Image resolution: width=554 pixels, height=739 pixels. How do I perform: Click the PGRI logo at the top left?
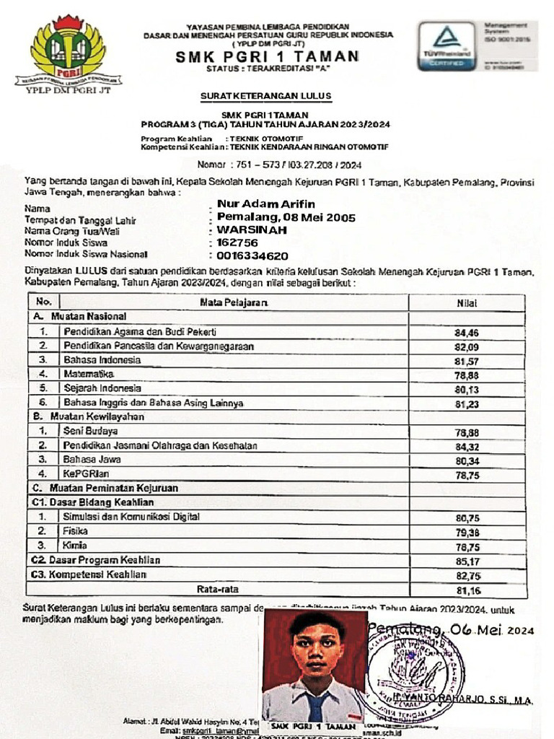[x=68, y=51]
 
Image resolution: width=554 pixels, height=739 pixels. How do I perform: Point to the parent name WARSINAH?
[x=252, y=229]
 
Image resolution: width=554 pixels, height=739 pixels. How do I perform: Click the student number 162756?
[x=238, y=242]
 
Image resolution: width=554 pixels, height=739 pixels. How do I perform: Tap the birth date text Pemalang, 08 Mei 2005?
[x=286, y=217]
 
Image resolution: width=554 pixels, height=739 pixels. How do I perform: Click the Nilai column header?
[x=467, y=303]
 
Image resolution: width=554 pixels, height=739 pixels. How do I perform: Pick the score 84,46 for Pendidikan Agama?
[x=467, y=333]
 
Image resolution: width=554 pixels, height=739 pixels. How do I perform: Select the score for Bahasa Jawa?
[x=467, y=460]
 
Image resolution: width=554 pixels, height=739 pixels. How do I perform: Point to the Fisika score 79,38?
[x=467, y=533]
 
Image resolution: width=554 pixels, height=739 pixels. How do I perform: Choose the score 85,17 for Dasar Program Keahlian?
[x=467, y=561]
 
